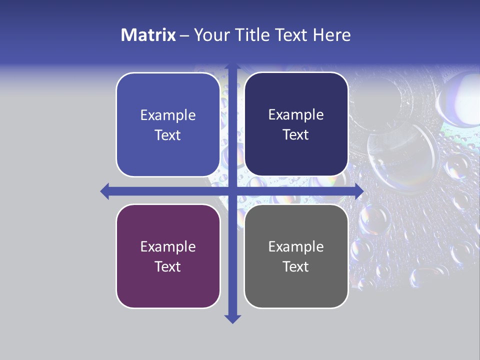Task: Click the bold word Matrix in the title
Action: point(148,35)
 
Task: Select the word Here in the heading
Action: point(332,35)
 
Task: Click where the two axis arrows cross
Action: point(232,191)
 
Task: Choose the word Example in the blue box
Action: point(168,115)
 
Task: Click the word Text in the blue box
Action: point(168,135)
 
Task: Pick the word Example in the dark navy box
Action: point(296,115)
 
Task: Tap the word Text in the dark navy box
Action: point(296,135)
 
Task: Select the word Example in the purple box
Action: point(168,246)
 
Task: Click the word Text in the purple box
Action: point(168,266)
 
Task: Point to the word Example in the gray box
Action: point(296,246)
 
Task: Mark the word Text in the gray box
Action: point(296,266)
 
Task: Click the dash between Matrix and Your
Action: point(184,35)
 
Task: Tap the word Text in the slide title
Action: point(292,35)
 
